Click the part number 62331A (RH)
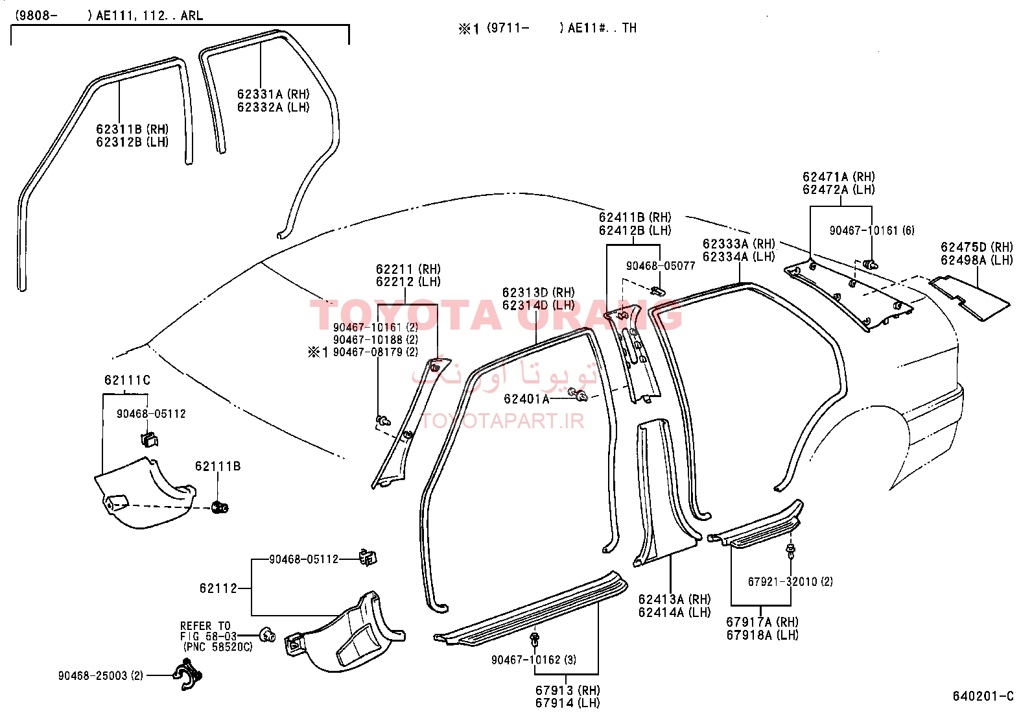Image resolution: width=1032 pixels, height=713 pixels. [x=273, y=94]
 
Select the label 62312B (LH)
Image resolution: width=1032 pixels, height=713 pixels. [x=132, y=142]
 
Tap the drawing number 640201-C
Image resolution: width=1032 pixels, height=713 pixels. [x=983, y=696]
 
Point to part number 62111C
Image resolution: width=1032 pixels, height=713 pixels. [x=127, y=380]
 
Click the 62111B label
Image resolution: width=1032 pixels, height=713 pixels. [x=218, y=466]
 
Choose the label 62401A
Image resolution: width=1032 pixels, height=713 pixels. [x=526, y=399]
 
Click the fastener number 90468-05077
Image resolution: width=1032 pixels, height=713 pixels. [x=661, y=266]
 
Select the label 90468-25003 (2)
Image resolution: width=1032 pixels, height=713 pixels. [x=100, y=675]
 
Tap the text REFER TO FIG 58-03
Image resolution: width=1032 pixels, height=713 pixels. [x=209, y=631]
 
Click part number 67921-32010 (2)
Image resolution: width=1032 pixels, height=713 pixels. [x=790, y=581]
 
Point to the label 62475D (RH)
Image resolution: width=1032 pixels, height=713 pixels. [x=977, y=247]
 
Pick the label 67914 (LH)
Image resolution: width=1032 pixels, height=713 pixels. [x=568, y=703]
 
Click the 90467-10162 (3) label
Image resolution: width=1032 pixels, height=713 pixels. [x=534, y=660]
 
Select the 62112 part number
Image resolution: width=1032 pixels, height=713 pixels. [x=218, y=588]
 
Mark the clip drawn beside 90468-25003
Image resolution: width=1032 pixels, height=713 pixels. [x=188, y=675]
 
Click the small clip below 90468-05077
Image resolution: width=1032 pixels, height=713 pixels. [x=659, y=291]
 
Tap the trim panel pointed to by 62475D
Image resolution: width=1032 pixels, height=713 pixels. [x=969, y=298]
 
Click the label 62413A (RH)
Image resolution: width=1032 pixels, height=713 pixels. [x=674, y=599]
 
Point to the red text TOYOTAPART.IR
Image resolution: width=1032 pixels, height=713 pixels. [x=502, y=421]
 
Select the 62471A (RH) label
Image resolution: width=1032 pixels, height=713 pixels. [x=839, y=176]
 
